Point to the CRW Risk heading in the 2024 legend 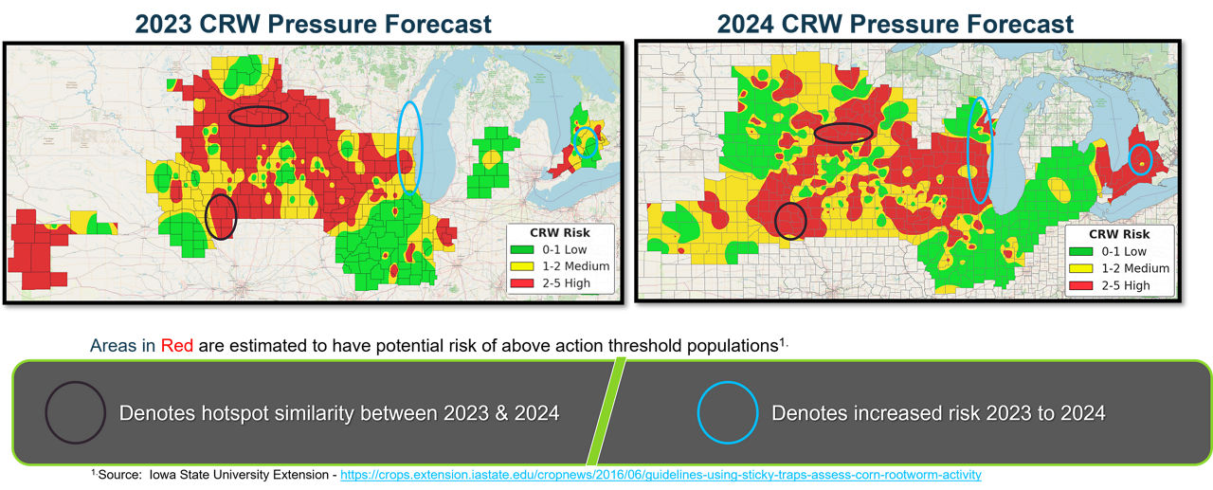[x=1118, y=234]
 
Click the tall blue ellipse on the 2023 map [x=410, y=147]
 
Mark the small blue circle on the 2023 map [x=588, y=142]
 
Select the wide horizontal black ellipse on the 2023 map [x=259, y=116]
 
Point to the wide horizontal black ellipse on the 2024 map [x=843, y=134]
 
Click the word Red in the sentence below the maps [x=177, y=346]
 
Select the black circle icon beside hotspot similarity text [x=75, y=412]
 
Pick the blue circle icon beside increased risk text [x=728, y=412]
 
